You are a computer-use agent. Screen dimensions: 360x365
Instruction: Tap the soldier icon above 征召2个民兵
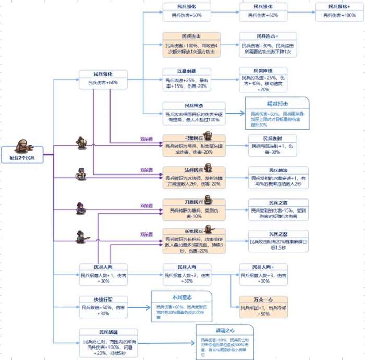click(22, 144)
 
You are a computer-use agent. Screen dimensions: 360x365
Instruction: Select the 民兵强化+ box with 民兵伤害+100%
click(339, 11)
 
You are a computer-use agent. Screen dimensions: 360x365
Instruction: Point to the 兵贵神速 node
click(267, 79)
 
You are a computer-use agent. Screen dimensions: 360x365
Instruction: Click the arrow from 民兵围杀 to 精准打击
click(235, 113)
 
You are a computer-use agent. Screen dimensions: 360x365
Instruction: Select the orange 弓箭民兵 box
click(194, 145)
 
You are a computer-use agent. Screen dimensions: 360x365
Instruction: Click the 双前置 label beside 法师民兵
click(147, 170)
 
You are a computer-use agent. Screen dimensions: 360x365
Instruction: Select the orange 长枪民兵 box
click(194, 240)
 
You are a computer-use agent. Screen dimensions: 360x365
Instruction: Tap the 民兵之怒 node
click(276, 240)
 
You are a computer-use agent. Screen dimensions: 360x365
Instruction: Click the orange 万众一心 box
click(263, 307)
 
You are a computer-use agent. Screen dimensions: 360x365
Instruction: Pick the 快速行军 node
click(102, 306)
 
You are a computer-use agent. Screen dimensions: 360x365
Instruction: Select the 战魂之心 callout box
click(224, 340)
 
